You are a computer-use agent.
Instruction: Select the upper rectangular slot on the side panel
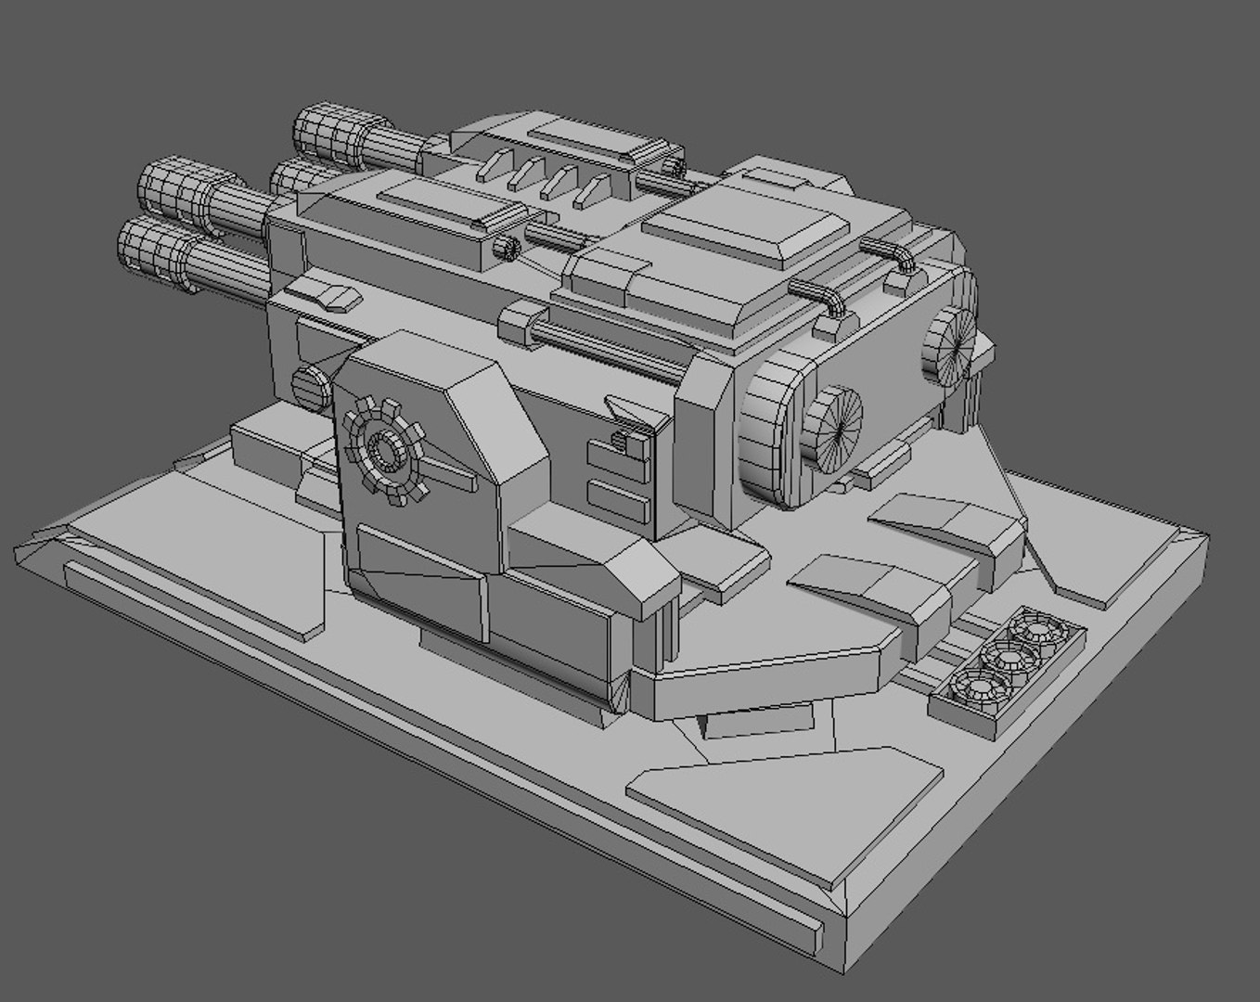tap(618, 455)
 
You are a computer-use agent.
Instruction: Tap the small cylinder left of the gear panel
tap(310, 384)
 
